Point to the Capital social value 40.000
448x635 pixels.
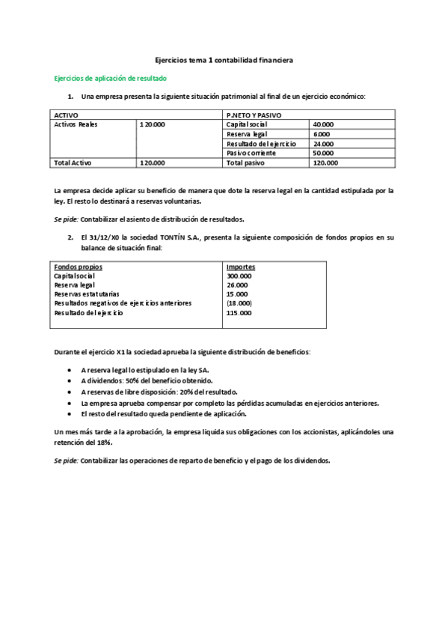coord(323,124)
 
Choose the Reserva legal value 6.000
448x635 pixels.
coord(322,134)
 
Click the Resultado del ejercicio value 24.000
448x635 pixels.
coord(323,144)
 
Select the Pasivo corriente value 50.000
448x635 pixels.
coord(323,153)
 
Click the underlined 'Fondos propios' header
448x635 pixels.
coord(79,267)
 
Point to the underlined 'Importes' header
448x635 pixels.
coord(240,267)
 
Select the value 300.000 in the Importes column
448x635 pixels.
coord(239,276)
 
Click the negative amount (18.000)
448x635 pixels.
coord(239,303)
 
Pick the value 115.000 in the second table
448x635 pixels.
coord(239,312)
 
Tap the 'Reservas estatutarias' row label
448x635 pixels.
coord(87,294)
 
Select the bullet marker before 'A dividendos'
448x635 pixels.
coord(70,380)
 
